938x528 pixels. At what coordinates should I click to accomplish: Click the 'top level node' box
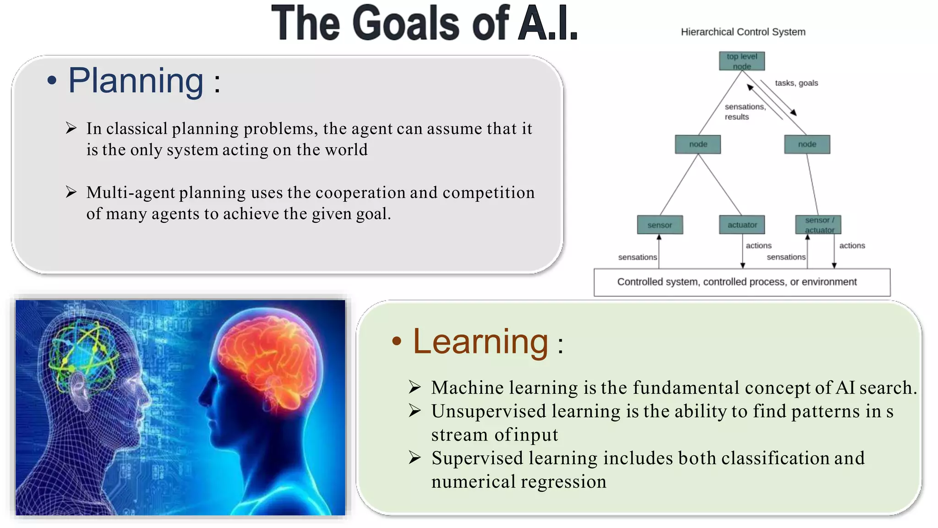pyautogui.click(x=742, y=61)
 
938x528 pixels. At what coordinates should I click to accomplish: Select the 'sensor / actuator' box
pyautogui.click(x=818, y=225)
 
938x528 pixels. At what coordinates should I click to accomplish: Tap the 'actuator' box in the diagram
pyautogui.click(x=742, y=225)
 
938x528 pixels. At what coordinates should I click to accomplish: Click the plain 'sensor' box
pyautogui.click(x=660, y=225)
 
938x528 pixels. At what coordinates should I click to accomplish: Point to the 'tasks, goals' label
pyautogui.click(x=796, y=83)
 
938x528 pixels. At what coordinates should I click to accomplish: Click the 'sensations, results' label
pyautogui.click(x=744, y=111)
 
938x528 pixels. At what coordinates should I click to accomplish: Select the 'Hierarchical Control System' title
pyautogui.click(x=743, y=32)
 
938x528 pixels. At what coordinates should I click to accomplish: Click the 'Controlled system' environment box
pyautogui.click(x=742, y=282)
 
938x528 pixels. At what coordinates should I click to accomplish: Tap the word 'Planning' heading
pyautogui.click(x=136, y=81)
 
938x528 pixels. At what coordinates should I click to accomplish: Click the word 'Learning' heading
pyautogui.click(x=480, y=342)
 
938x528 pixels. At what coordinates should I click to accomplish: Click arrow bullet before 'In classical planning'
pyautogui.click(x=71, y=128)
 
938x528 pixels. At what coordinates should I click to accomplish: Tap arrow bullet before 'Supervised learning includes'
pyautogui.click(x=415, y=457)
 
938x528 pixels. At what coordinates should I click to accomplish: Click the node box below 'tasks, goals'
pyautogui.click(x=807, y=144)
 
